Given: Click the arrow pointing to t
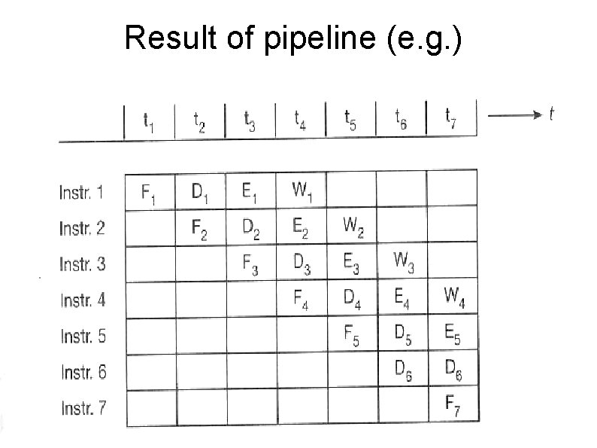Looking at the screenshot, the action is point(514,114).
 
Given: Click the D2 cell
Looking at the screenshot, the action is point(252,229).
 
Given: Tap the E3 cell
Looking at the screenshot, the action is point(352,263).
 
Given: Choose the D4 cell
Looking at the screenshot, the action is point(352,300).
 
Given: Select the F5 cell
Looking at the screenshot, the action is point(352,336).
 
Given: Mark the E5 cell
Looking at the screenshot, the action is point(453,335).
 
